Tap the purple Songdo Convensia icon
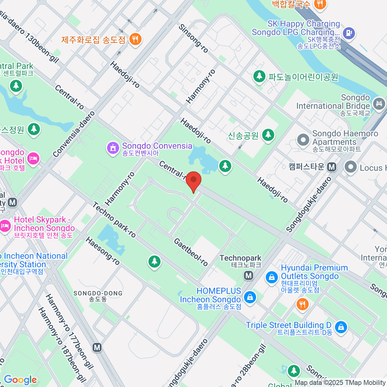coord(113,148)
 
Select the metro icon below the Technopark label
coord(248,275)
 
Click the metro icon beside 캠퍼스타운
coord(332,167)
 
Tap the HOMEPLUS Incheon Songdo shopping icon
coord(250,297)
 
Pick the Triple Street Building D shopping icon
coord(341,327)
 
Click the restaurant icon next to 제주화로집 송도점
coord(135,40)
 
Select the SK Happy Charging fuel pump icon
coord(349,33)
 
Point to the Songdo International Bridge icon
coord(379,104)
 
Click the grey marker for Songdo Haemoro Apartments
coord(303,140)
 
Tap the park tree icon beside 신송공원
coord(268,134)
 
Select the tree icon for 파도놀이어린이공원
coord(259,77)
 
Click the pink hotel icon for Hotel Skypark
coord(5,225)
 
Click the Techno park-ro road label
coord(114,220)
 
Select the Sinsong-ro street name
coord(193,38)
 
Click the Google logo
coord(20,380)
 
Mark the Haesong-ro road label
coord(103,251)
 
